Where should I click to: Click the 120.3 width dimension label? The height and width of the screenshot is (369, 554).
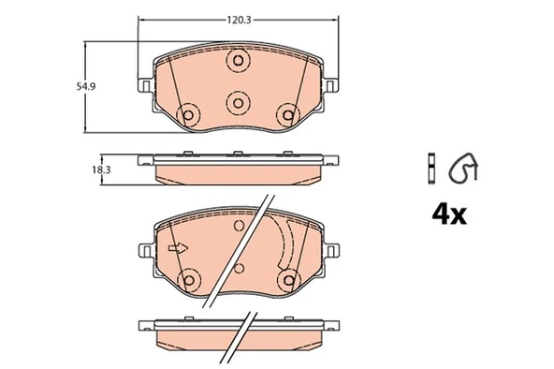click(x=239, y=21)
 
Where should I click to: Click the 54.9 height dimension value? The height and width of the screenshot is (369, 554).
click(x=86, y=86)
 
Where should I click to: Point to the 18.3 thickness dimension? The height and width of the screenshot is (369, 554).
click(x=101, y=170)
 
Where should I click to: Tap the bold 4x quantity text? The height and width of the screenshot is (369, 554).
click(x=449, y=214)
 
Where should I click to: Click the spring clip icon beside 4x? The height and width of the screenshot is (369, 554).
click(x=463, y=168)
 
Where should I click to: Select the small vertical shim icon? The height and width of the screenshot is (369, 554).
click(x=431, y=169)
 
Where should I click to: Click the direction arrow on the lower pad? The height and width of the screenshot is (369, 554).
click(x=178, y=248)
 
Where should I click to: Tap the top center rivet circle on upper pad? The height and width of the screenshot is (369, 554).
click(x=238, y=61)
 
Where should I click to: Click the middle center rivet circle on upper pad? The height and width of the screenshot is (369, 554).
click(x=238, y=103)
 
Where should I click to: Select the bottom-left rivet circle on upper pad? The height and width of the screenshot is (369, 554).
click(x=188, y=115)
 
